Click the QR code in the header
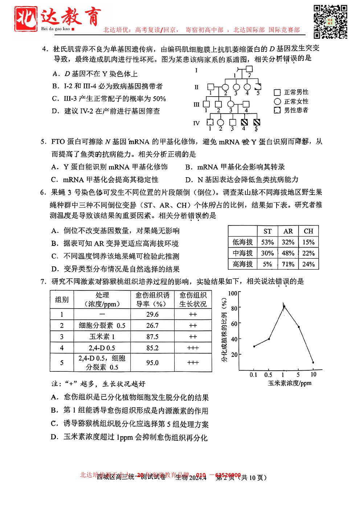330,21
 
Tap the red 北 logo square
26,19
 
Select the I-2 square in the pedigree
249,69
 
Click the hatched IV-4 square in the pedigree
244,122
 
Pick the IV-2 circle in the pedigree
220,122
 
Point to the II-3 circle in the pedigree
236,87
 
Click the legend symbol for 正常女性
278,101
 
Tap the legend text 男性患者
296,110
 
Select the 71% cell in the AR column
288,264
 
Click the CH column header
308,231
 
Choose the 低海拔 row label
242,242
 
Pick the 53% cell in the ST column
267,242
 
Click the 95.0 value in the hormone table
152,363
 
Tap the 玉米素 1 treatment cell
102,337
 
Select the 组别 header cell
62,300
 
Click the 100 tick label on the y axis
233,293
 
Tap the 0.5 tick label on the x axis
268,375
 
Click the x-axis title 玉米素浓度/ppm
290,383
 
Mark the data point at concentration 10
313,362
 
